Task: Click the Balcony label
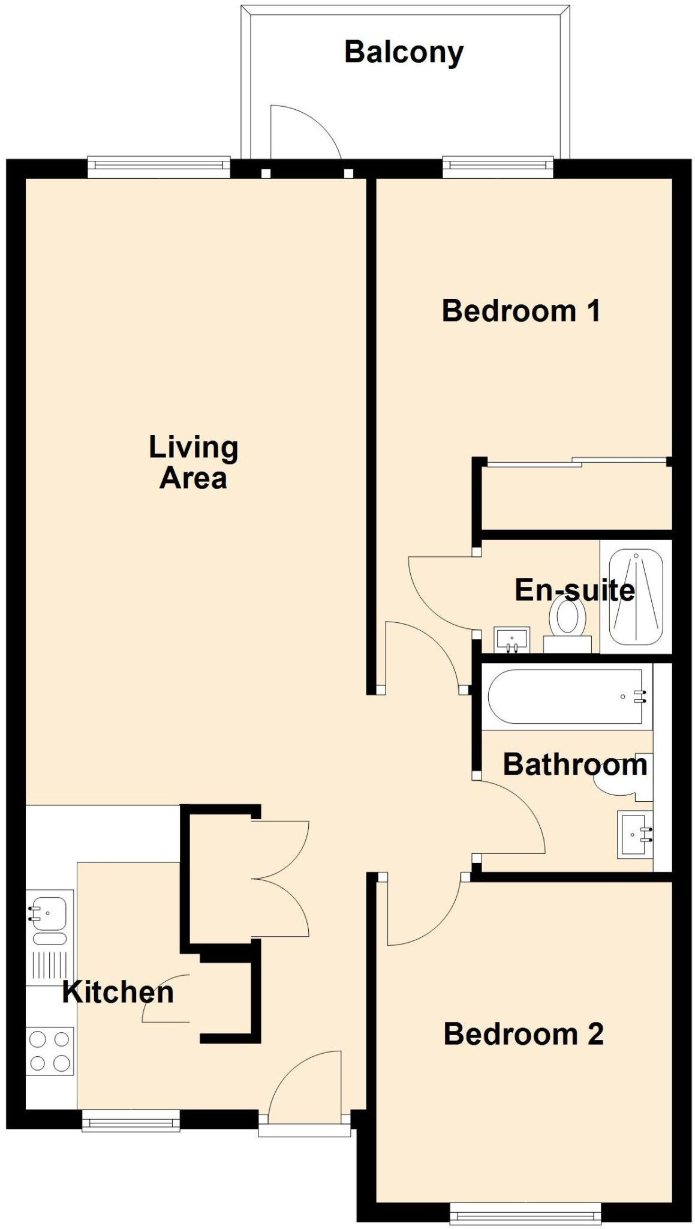[404, 53]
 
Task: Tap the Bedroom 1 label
[521, 311]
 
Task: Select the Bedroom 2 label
[523, 1034]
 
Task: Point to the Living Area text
[193, 463]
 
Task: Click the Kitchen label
[118, 992]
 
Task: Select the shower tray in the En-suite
[636, 596]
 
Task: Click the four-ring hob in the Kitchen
[50, 1051]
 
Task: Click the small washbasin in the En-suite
[512, 639]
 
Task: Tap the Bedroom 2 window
[525, 1213]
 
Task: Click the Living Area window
[159, 166]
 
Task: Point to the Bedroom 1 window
[498, 166]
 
